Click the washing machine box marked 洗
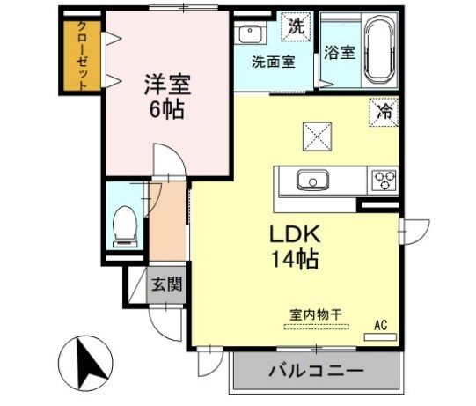pyautogui.click(x=296, y=26)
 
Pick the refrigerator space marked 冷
pyautogui.click(x=384, y=111)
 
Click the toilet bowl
pyautogui.click(x=124, y=225)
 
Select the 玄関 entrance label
pyautogui.click(x=165, y=284)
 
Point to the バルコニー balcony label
pyautogui.click(x=314, y=372)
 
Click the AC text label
pyautogui.click(x=380, y=324)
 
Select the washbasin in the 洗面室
pyautogui.click(x=250, y=35)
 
